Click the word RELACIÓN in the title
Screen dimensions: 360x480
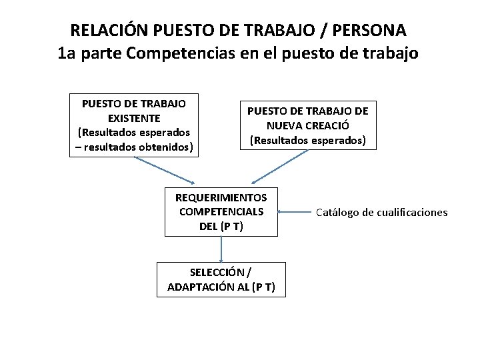pos(109,31)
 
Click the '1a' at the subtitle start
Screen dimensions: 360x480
pos(67,54)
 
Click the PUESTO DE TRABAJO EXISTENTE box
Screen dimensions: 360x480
pos(133,126)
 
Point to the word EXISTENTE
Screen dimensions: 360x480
pos(133,118)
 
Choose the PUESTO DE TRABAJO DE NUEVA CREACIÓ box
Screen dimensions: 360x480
pos(308,125)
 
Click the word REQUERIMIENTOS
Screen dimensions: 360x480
pos(221,198)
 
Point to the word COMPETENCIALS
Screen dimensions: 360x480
pos(221,212)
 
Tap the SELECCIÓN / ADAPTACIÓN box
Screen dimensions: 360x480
pos(221,280)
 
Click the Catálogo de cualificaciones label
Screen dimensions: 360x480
pos(382,213)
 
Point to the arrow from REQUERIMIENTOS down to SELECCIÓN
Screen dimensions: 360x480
pos(221,249)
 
